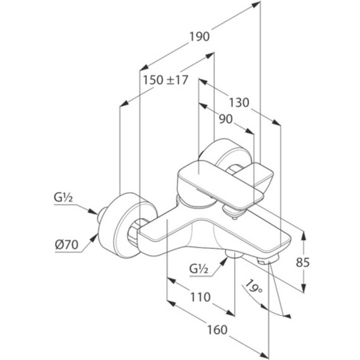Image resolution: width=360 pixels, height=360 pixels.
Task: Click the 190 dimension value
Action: point(200,37)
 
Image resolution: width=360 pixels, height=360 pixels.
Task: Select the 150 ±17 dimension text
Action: point(165,80)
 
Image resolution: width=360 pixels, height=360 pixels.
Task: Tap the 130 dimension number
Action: point(239,102)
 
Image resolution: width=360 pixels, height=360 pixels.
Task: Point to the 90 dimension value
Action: point(225,119)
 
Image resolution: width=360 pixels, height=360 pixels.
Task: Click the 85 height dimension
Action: point(303,262)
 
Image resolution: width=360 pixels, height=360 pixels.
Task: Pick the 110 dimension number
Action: point(200,297)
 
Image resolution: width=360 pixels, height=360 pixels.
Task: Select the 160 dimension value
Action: point(217,330)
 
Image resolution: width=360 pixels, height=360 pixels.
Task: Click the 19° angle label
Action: point(253,287)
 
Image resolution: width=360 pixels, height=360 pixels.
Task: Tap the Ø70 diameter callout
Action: point(66,245)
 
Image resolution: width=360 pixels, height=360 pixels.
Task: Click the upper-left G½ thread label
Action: point(63,198)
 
